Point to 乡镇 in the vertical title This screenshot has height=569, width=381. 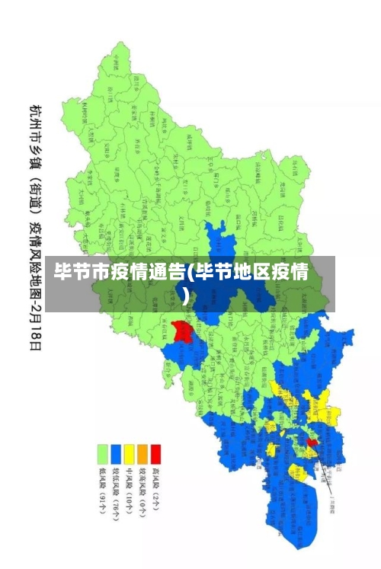click(x=34, y=155)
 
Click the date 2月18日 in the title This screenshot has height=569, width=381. click(x=34, y=324)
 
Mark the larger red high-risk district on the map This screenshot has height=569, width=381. click(x=181, y=331)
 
